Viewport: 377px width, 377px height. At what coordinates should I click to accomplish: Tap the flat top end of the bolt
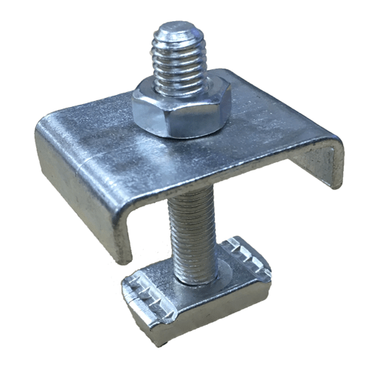tap(179, 32)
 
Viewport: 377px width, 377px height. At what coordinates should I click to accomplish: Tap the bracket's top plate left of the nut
tap(90, 136)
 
